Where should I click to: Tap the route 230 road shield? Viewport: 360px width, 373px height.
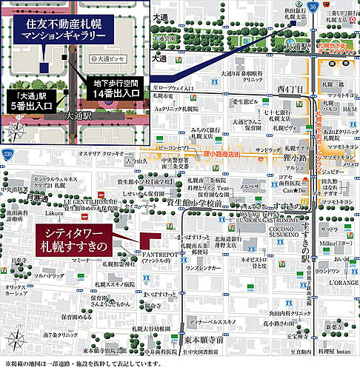pos(7,152)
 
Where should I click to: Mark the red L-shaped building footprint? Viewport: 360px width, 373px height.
pos(147,242)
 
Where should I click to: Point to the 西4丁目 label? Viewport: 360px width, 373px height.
pos(286,90)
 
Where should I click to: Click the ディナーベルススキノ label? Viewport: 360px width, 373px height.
pos(216,301)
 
